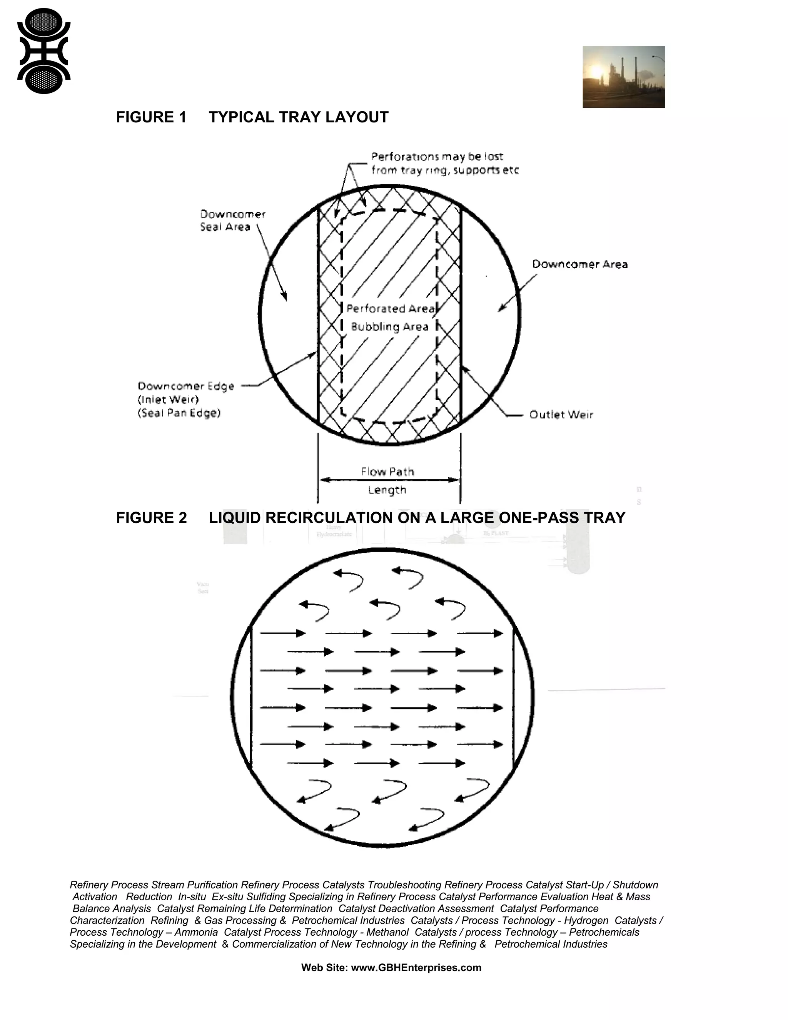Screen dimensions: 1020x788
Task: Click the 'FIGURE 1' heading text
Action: [151, 117]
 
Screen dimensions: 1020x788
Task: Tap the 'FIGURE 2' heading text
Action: [151, 518]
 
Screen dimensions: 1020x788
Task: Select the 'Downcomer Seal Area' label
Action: [232, 221]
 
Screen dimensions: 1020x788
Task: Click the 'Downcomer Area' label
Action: [580, 264]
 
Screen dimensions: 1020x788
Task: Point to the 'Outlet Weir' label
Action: [561, 415]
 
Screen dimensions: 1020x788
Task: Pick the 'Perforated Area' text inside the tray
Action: [390, 309]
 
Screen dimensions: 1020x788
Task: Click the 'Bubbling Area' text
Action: [389, 326]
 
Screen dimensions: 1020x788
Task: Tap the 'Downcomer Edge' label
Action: [185, 386]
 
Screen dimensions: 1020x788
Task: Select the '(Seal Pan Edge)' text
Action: [179, 413]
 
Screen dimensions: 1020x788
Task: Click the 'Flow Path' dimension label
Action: [387, 472]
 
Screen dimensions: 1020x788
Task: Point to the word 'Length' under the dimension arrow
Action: [387, 490]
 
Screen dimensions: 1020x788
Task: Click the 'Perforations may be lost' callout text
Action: [437, 156]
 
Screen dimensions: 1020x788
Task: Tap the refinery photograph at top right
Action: [623, 77]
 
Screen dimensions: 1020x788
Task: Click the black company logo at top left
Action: [43, 51]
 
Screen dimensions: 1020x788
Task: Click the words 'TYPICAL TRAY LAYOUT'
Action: [298, 117]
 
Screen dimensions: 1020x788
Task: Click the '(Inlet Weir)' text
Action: [168, 400]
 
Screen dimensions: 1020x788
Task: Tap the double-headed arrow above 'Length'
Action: [389, 480]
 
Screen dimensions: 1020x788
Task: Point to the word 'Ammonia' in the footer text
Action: [196, 932]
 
